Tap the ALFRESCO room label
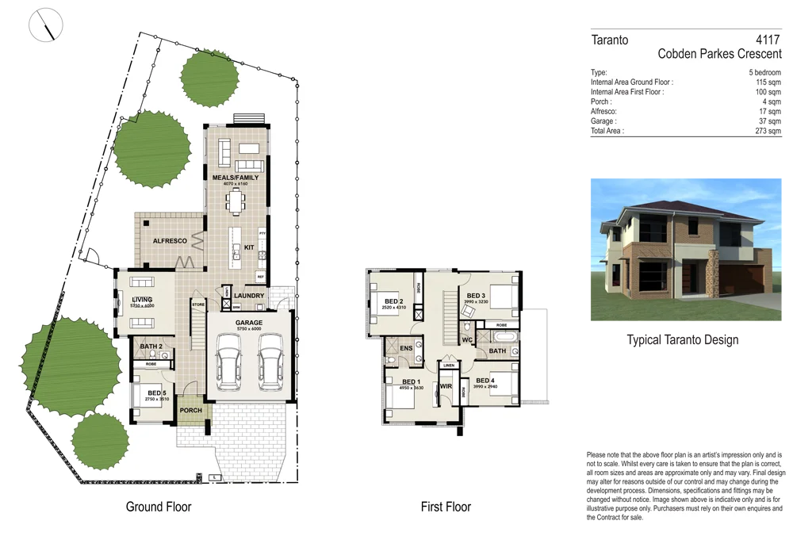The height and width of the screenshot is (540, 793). click(170, 240)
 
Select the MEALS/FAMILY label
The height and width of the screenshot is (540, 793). click(235, 178)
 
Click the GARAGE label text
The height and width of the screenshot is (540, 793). click(248, 323)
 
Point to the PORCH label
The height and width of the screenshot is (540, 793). click(191, 411)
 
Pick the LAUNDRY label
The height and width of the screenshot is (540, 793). click(249, 297)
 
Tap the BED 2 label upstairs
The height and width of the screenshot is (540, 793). click(394, 301)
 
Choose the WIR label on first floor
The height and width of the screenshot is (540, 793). click(446, 386)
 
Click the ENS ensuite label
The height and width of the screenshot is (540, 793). click(406, 348)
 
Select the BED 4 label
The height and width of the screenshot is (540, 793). click(485, 381)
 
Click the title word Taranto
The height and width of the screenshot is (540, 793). click(610, 40)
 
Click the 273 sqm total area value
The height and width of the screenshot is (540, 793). click(768, 132)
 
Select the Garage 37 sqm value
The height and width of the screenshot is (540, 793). click(770, 121)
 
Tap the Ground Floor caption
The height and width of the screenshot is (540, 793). click(159, 507)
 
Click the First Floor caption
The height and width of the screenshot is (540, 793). click(446, 507)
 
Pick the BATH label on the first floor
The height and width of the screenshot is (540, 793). click(497, 350)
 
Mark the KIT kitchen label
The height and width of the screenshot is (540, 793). click(248, 247)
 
